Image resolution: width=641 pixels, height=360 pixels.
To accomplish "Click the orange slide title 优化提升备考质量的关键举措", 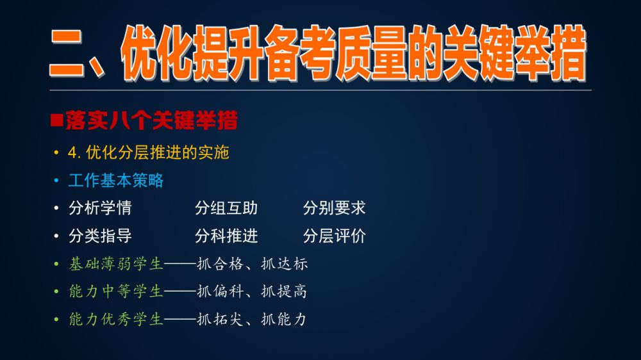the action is [x=354, y=53].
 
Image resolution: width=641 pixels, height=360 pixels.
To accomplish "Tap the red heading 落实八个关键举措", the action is [x=151, y=120].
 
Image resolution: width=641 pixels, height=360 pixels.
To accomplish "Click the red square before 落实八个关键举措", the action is [x=56, y=120].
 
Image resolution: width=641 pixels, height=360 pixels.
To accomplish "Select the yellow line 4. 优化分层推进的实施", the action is [x=149, y=152].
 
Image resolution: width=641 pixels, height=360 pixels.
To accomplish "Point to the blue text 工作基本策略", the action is [x=116, y=180].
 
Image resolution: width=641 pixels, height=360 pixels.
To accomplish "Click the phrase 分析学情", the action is [x=100, y=208].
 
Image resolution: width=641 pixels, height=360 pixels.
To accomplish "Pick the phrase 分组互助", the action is [x=226, y=208].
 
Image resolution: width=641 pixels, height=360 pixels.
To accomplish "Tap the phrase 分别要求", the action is [x=335, y=208].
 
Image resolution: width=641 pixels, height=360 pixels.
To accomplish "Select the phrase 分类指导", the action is [x=100, y=236].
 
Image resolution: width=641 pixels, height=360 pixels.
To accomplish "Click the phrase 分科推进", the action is [x=226, y=236].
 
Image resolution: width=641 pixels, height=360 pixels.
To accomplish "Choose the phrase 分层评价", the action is [x=335, y=236].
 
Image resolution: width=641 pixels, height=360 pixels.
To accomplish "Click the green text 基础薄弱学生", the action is [x=116, y=263].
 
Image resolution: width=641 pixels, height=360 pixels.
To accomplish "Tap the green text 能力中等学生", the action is [x=116, y=291].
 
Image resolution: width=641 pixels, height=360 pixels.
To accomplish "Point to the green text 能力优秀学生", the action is [x=116, y=319].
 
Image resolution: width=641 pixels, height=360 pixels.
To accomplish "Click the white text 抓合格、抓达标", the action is [x=252, y=263].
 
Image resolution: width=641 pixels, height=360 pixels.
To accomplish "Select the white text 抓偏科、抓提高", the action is [x=252, y=291].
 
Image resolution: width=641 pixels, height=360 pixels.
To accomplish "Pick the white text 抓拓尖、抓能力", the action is [x=252, y=319].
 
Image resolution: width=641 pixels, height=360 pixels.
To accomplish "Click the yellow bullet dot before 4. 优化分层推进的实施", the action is [x=56, y=153].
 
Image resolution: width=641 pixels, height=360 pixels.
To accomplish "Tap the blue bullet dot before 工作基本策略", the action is [x=56, y=181].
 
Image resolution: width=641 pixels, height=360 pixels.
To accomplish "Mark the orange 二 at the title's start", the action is [x=66, y=53].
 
